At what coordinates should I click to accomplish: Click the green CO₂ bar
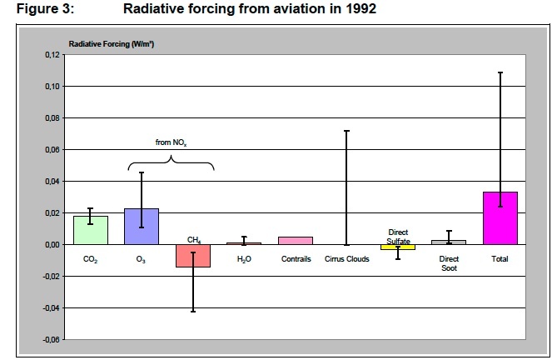pos(90,230)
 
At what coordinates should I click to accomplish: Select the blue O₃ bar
pos(142,227)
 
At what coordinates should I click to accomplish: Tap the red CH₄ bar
pos(192,256)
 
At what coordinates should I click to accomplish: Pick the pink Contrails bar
pos(296,241)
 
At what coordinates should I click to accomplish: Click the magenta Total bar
pos(500,218)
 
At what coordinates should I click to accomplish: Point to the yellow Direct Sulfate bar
pos(398,247)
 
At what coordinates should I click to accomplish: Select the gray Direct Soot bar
pos(449,242)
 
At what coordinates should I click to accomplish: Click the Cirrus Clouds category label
pos(347,259)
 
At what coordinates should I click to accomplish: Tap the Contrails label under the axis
pos(296,259)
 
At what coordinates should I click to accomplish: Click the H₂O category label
pos(245,259)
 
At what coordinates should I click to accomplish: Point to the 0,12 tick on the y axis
pos(52,55)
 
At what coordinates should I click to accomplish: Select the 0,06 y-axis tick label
pos(52,150)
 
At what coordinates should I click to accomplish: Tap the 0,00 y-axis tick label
pos(52,245)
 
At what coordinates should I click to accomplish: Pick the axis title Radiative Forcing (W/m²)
pos(117,42)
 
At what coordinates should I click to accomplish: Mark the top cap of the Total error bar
pos(500,72)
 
